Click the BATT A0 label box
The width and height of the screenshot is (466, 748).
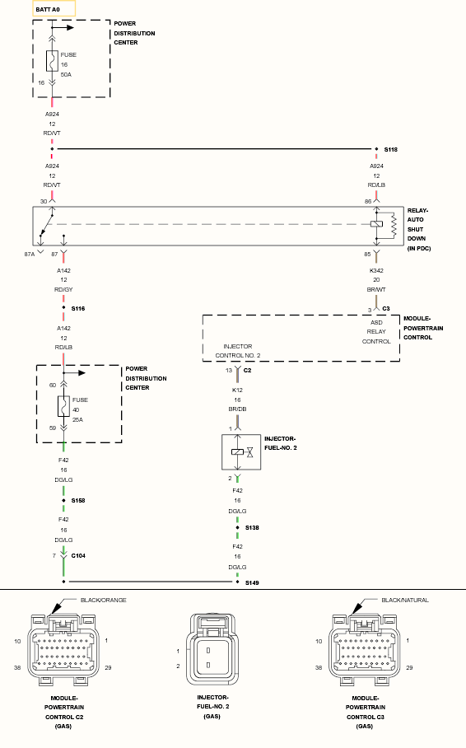tap(54, 8)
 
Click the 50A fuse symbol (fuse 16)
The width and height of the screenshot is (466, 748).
tap(52, 61)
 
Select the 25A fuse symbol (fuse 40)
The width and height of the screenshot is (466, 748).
tap(63, 406)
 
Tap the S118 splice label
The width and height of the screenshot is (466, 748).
tap(390, 149)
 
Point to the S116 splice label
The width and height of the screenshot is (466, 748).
tap(78, 309)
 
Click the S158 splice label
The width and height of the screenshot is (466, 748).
tap(78, 500)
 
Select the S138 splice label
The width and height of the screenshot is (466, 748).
tap(252, 527)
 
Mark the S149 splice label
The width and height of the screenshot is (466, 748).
tap(252, 582)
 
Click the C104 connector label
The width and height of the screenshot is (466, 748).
tap(78, 556)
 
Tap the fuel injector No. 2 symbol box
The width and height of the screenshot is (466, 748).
tap(241, 451)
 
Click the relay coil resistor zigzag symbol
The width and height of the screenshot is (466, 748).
tap(394, 225)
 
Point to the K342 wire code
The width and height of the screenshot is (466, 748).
tap(376, 270)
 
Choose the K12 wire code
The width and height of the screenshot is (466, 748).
tap(237, 390)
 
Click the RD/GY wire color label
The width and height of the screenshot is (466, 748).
tap(63, 290)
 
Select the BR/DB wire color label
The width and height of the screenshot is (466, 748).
tap(237, 409)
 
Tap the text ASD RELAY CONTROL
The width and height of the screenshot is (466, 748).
tap(376, 332)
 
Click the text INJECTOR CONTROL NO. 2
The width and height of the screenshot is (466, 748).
tap(238, 351)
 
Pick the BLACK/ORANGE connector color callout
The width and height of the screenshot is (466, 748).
tap(104, 600)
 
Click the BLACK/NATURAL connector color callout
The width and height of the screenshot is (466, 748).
tap(405, 600)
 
